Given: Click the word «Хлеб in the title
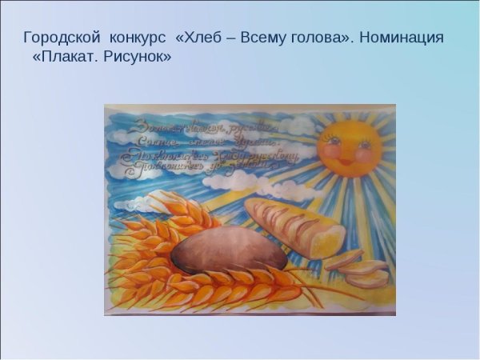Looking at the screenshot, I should pyautogui.click(x=197, y=38).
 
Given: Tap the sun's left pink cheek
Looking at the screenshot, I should pyautogui.click(x=327, y=154).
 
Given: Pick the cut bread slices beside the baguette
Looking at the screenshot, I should pyautogui.click(x=355, y=269).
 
